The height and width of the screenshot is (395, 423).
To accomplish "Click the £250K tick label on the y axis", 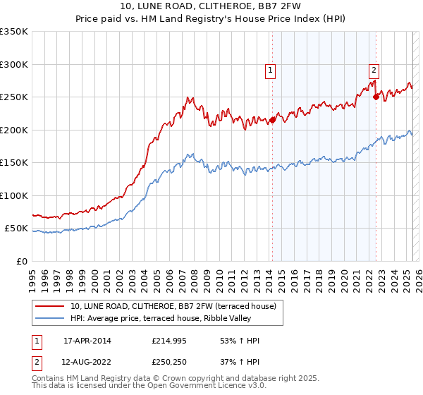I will (14, 97).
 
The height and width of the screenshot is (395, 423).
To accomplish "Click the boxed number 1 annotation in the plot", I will (271, 70).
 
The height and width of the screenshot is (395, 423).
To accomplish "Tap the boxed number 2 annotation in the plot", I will (373, 70).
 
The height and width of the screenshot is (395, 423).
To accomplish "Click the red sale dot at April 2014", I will (273, 120).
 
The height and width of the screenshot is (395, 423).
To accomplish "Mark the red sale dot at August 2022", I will (376, 97).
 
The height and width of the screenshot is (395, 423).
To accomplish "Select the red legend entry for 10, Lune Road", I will (176, 306).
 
